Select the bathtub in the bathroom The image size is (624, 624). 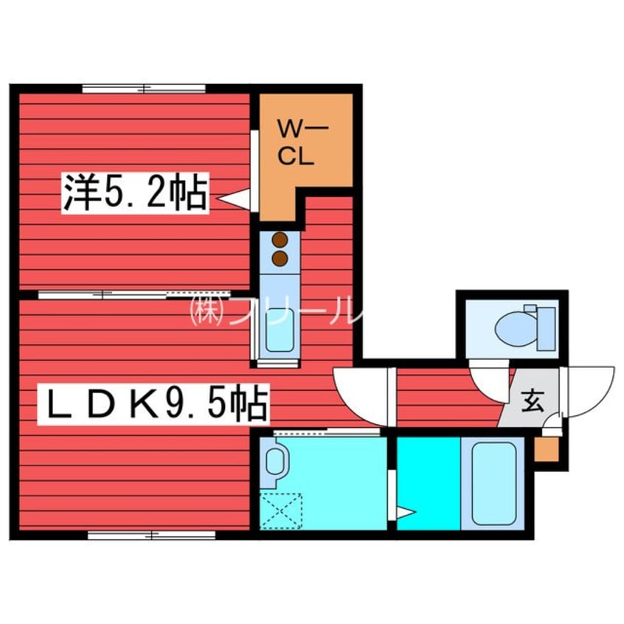tap(492, 483)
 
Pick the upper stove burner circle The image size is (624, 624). tap(280, 240)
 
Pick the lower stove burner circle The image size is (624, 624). tap(280, 257)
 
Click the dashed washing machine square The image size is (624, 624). tap(282, 510)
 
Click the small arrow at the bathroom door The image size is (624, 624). tap(406, 511)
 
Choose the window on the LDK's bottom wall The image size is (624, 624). tap(151, 535)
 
